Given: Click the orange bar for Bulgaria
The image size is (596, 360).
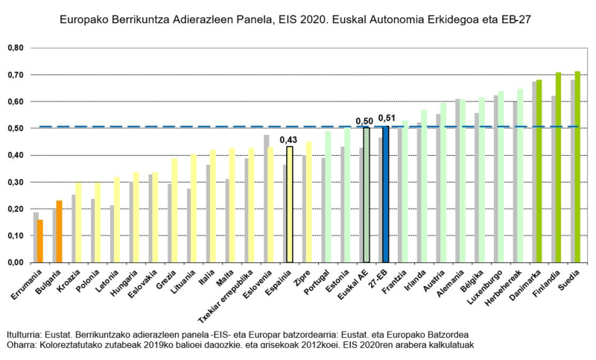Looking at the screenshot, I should (x=59, y=231).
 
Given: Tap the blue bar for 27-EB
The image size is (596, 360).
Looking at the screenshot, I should (x=385, y=194).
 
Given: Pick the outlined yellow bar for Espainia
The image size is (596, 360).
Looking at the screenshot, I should (x=289, y=205).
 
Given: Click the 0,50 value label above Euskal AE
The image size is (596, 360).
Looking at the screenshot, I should (x=365, y=121).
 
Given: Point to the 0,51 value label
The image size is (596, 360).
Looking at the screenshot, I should (x=387, y=118).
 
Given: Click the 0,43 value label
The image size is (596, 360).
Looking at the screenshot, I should (x=288, y=139).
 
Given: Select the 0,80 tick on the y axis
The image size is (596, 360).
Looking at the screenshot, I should (x=15, y=48).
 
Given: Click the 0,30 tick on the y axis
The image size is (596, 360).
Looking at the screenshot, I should (x=15, y=182).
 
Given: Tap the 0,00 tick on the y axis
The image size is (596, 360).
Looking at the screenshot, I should (x=15, y=262).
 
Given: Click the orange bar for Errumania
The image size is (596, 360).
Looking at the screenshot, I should (x=39, y=241).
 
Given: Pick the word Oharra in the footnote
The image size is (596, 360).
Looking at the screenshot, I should (x=21, y=347).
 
